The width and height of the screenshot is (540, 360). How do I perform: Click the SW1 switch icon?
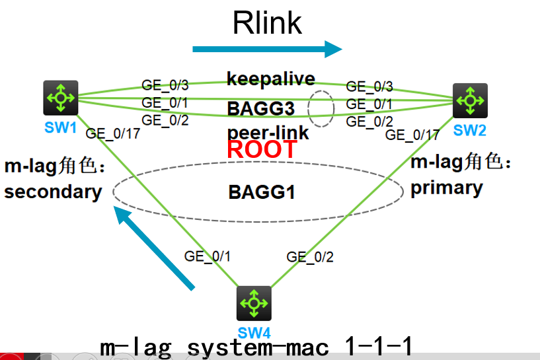61,98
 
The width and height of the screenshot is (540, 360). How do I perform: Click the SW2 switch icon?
470,100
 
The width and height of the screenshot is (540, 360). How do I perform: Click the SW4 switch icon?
254,303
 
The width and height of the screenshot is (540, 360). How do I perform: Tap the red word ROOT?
262,149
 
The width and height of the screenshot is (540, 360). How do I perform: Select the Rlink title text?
267,24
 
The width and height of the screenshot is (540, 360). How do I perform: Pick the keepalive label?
271,79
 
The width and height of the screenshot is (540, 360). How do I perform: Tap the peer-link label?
268,132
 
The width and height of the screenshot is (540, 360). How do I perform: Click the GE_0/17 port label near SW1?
112,134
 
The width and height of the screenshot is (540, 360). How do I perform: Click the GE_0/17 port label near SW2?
412,135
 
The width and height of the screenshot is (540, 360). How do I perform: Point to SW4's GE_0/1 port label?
208,256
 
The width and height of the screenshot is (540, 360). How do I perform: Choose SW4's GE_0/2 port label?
310,257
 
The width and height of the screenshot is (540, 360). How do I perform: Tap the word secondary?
53,192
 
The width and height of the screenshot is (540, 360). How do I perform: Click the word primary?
447,188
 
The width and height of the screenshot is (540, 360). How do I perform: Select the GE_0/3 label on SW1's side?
165,85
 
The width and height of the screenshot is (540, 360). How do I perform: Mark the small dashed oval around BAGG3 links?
322,108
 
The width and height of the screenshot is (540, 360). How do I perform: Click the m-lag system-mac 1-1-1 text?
256,346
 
